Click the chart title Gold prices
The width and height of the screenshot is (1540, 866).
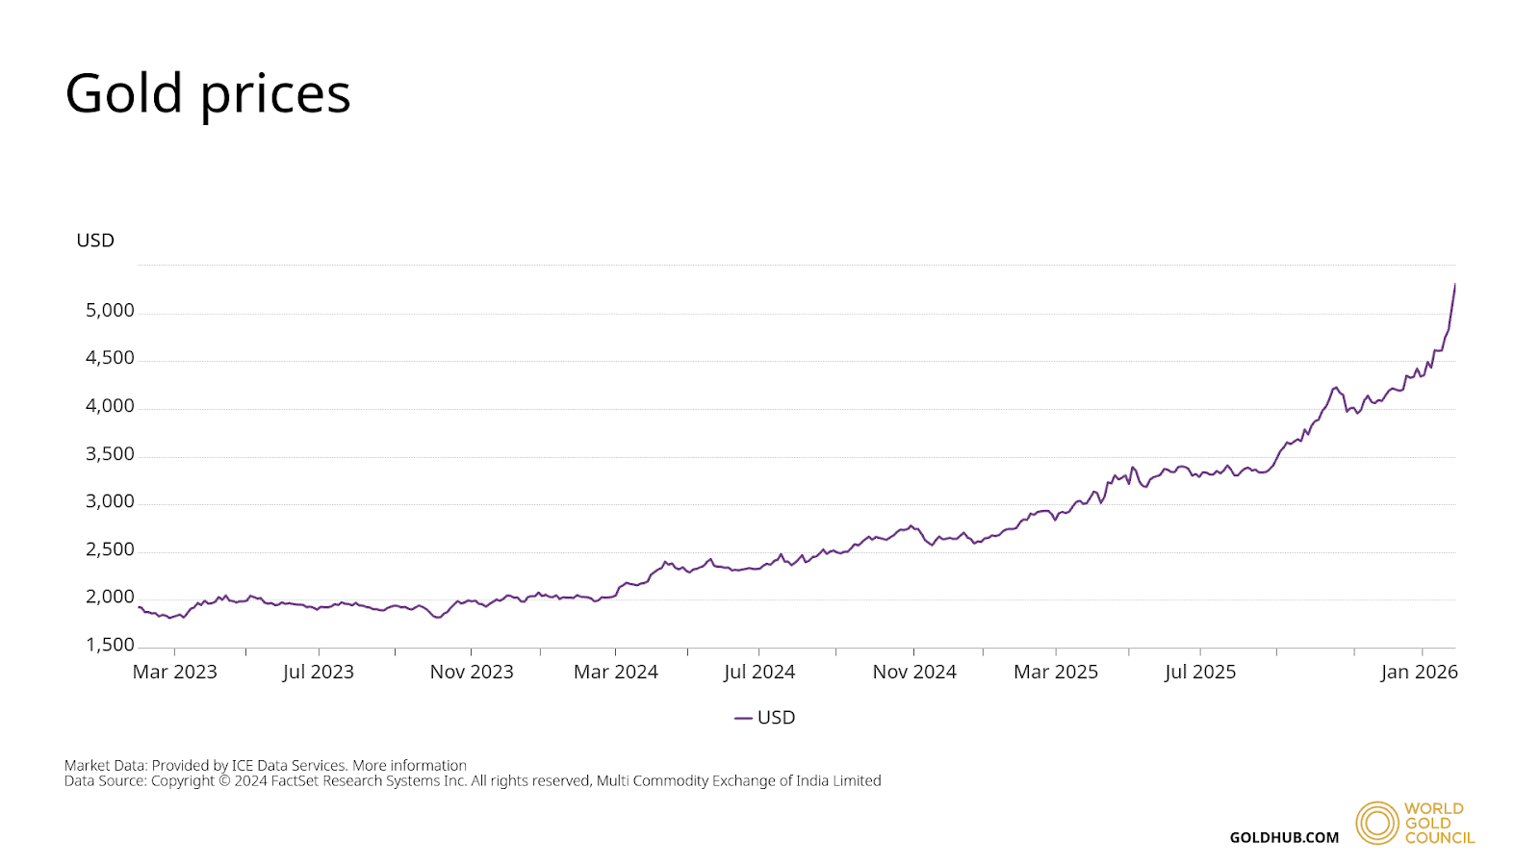207,94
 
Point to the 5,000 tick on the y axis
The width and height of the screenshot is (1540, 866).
110,311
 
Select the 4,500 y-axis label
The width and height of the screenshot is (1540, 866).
110,358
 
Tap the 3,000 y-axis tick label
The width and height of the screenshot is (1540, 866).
110,501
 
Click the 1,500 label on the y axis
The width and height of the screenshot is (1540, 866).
110,645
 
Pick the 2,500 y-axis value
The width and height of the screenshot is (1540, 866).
110,549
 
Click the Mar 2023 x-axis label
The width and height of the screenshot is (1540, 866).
174,672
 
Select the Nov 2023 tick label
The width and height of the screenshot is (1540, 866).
472,672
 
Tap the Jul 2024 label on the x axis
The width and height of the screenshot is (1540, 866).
759,672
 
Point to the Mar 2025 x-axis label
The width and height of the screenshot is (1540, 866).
1056,672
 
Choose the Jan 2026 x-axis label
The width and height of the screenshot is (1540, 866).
1419,672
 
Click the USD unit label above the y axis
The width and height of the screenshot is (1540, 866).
95,241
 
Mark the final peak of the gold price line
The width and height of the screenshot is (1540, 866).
1454,285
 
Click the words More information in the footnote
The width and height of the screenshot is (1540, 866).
409,766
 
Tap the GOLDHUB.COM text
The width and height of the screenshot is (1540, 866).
1284,837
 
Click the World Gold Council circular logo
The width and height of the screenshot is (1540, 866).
1376,823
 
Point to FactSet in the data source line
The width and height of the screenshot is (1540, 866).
295,781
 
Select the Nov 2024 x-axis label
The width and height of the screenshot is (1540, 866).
914,672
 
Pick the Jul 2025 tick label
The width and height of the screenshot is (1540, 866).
1200,672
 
